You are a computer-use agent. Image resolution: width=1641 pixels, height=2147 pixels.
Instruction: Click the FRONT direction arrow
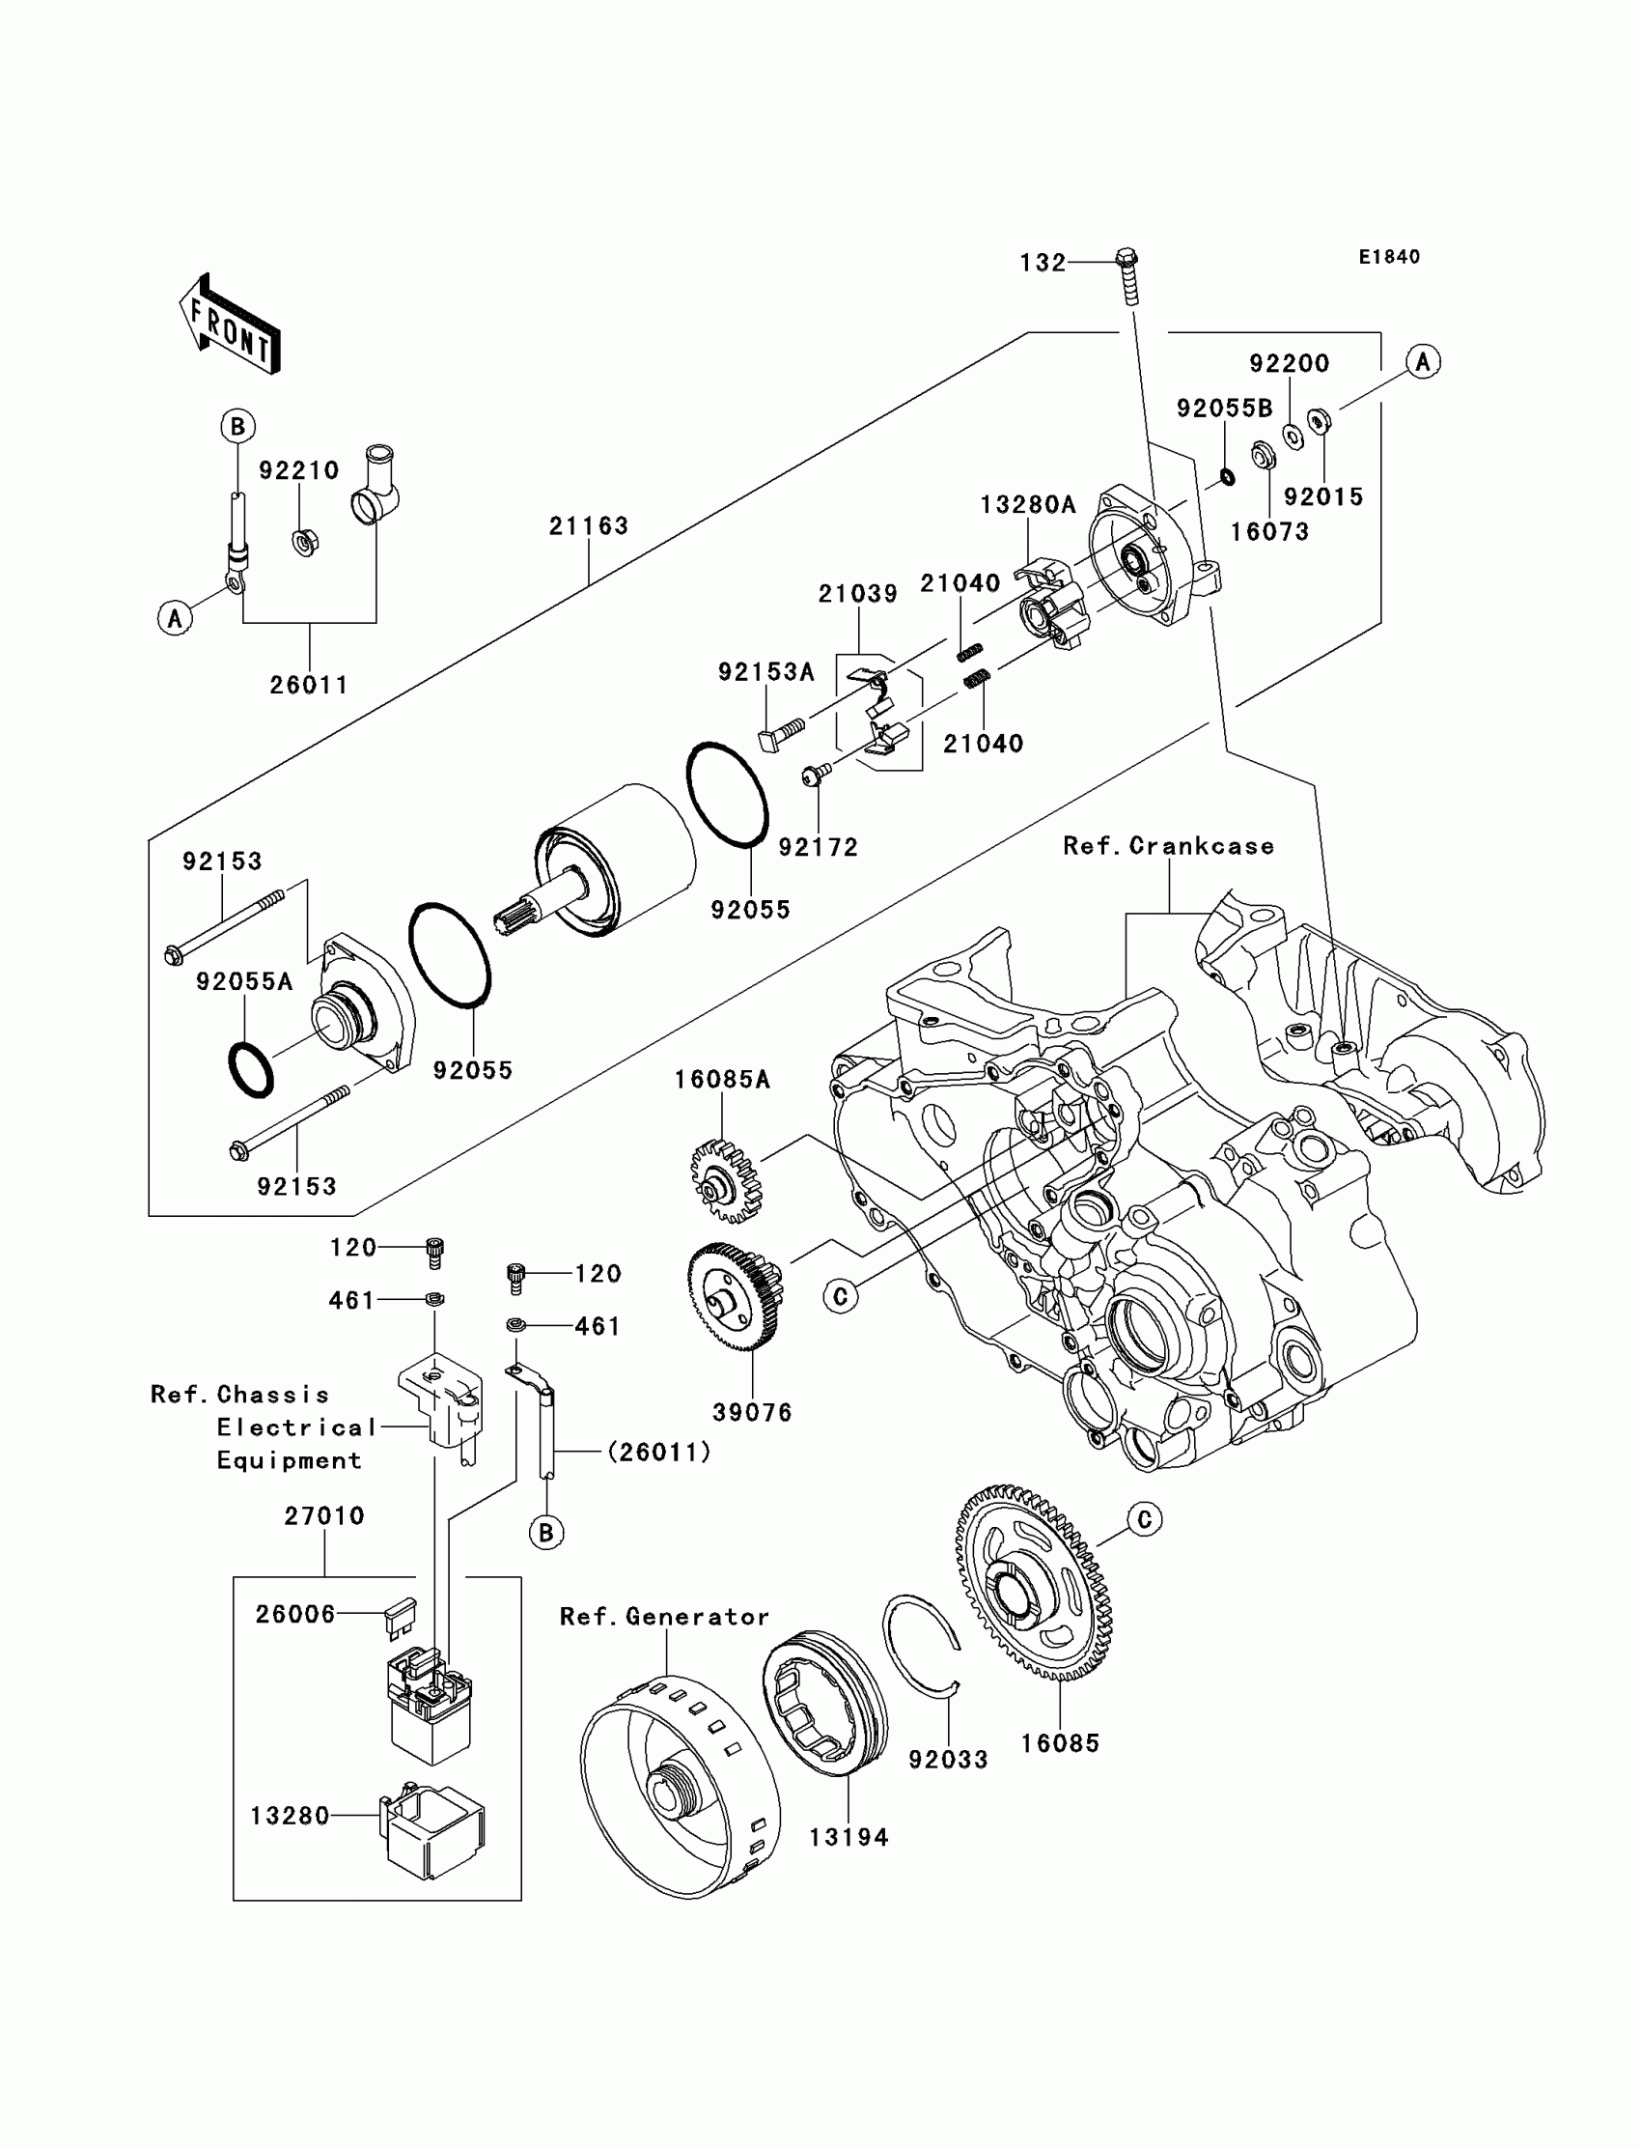231,325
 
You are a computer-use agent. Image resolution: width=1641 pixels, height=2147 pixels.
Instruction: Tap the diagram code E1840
1389,257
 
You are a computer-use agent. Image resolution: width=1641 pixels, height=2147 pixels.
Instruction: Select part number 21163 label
588,525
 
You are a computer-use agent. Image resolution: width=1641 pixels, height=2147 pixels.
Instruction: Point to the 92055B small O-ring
1227,477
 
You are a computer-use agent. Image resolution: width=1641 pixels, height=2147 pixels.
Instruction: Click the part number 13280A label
1028,504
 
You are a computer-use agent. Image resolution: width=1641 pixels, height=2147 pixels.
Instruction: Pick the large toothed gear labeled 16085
1034,1582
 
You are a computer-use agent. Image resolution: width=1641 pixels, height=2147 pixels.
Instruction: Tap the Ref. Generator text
664,1618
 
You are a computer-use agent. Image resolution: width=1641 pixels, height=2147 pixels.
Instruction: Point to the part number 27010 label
324,1516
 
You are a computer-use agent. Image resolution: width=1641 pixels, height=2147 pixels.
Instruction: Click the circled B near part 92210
237,426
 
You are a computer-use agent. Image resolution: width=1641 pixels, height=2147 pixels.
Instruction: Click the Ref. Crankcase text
1168,846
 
